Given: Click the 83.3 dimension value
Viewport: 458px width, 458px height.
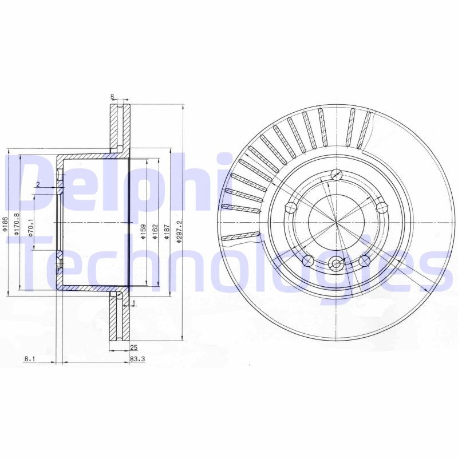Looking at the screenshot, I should coord(136,359).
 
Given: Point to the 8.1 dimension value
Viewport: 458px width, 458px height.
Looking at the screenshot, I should coord(30,359).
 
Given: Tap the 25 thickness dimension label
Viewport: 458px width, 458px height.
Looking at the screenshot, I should coord(133,348).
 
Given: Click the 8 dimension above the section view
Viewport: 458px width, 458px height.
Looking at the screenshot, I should coord(112,97).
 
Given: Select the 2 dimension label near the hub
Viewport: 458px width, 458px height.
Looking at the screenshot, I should coord(37,184).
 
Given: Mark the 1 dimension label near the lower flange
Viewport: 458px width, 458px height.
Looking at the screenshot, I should coord(133,302).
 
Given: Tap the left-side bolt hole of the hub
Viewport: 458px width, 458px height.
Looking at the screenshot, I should coord(290,207).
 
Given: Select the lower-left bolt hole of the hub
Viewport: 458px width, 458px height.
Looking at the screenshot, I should coord(307,261).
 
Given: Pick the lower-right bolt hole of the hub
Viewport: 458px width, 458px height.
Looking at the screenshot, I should coord(364,261).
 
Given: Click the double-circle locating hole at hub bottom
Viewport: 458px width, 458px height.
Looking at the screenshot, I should coord(336,264).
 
